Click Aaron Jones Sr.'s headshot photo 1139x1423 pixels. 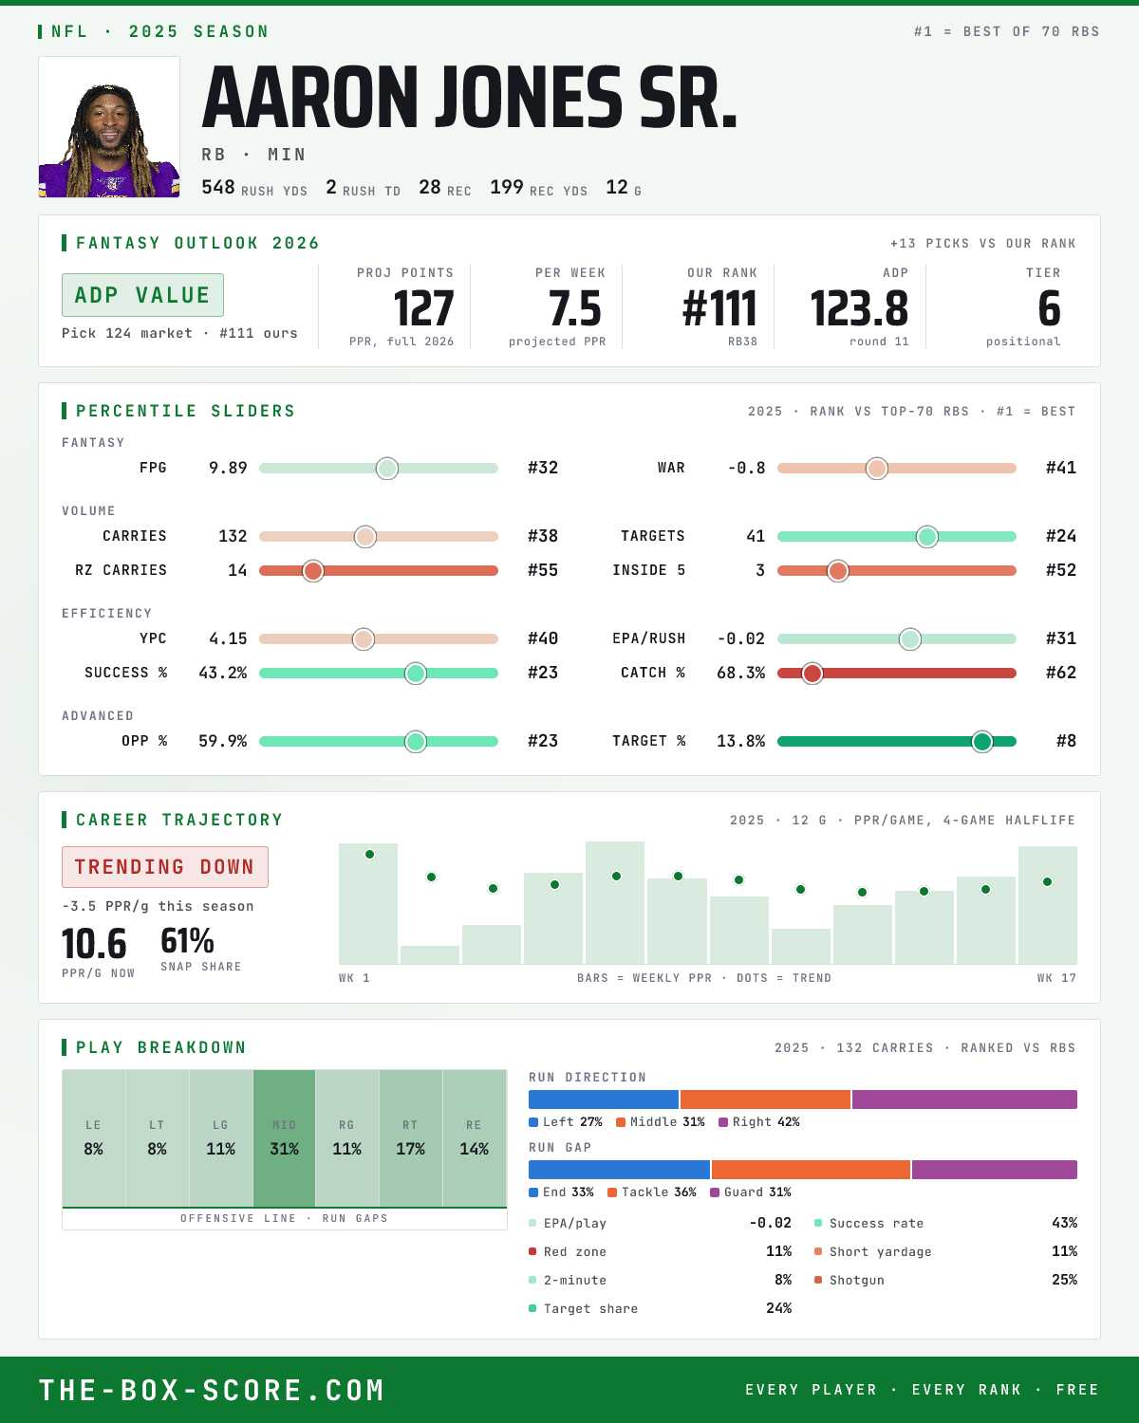click(x=109, y=127)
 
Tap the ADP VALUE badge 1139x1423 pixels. click(x=142, y=295)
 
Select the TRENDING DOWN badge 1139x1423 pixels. click(x=165, y=867)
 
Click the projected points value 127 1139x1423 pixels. click(x=423, y=309)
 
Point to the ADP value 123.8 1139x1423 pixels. click(x=859, y=309)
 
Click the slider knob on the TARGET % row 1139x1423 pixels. click(x=982, y=741)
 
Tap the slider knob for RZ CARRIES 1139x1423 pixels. click(x=313, y=571)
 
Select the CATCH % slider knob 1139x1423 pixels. click(x=812, y=674)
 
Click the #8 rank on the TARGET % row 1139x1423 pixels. click(x=1066, y=741)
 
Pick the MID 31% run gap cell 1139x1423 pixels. click(x=284, y=1138)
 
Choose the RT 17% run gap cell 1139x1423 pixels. click(x=410, y=1138)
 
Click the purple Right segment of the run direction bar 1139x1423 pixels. click(x=964, y=1099)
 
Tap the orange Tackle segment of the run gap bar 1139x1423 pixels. click(x=811, y=1169)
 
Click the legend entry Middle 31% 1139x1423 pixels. click(x=661, y=1121)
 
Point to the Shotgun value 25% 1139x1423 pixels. click(x=1064, y=1280)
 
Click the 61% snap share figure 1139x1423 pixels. click(x=187, y=940)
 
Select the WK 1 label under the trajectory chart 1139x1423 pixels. click(x=354, y=978)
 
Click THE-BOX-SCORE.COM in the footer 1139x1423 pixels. click(x=212, y=1390)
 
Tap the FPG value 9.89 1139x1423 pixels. click(x=228, y=468)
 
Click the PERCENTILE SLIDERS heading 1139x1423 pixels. click(x=185, y=411)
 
